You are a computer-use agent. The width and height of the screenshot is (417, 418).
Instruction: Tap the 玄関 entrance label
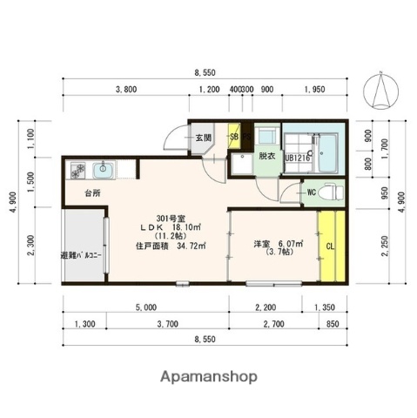[x=203, y=138]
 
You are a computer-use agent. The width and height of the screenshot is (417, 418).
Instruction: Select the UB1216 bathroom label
[x=297, y=158]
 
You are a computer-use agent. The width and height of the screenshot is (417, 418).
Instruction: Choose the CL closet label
[x=330, y=246]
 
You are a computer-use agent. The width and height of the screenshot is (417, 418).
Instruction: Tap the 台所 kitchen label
[x=92, y=192]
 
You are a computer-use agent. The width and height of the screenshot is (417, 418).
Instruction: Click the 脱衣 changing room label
[x=265, y=157]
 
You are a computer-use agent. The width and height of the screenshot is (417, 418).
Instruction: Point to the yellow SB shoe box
[x=233, y=137]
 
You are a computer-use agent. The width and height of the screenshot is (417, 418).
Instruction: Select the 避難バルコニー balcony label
[x=82, y=256]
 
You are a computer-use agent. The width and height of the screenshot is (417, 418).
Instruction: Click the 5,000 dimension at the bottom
[x=145, y=307]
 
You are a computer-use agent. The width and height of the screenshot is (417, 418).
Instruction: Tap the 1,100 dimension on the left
[x=30, y=138]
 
